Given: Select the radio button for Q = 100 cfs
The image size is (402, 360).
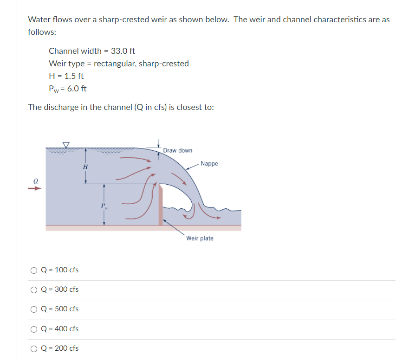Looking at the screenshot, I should point(34,270).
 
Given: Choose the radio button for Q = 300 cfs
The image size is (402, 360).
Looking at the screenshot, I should point(34,289).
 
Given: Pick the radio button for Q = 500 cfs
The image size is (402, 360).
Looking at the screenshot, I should point(34,309).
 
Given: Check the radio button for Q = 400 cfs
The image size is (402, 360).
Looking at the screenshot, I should point(34,329).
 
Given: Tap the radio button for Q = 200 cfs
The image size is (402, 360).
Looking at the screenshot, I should point(34,348).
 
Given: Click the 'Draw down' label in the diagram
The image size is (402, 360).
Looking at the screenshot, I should point(177,151).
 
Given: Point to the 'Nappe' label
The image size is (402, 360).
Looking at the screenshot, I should point(209,164).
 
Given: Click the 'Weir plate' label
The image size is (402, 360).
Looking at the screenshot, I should point(200,238).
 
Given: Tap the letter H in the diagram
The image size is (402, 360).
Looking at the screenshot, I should point(85,167).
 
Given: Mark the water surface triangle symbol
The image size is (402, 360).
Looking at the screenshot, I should point(66,145).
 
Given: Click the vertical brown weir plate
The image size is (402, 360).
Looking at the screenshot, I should point(161,204).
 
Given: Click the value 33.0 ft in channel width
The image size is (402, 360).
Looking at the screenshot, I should point(123,51).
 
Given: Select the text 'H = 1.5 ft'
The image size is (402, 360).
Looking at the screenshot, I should point(66,76).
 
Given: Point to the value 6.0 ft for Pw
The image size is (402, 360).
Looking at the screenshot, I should point(77,89).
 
